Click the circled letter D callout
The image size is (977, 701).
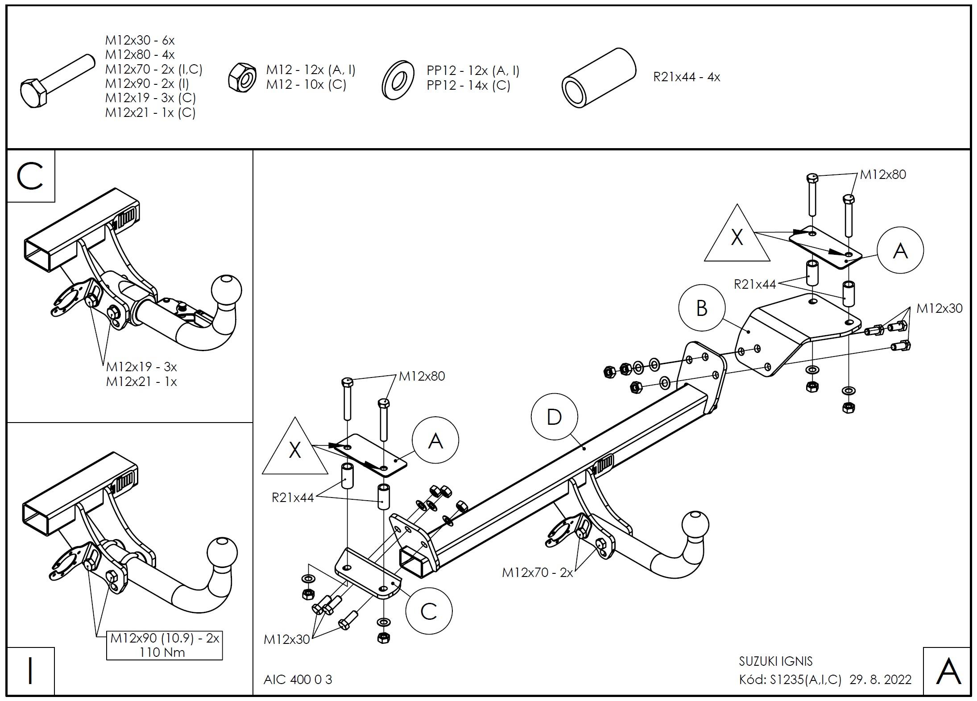pos(554,417)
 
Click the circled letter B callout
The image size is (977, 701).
pos(701,308)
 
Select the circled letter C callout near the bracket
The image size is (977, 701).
pos(429,611)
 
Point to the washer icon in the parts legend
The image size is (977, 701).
pos(398,80)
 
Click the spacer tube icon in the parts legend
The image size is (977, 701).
pos(598,79)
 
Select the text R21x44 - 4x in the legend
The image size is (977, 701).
pos(687,77)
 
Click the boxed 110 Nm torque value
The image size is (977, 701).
pos(162,652)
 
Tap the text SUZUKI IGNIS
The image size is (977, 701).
pos(776,661)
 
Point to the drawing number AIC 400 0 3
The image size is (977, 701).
pos(298,679)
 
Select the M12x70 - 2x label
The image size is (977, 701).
pos(537,572)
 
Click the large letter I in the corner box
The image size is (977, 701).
pos(30,671)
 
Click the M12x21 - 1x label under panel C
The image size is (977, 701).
pos(141,382)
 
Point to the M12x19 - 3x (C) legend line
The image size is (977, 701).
pos(150,98)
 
